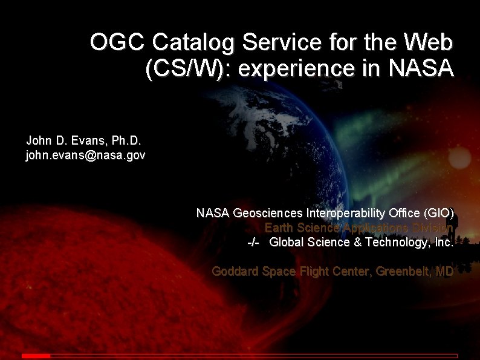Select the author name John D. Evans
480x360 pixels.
(x=63, y=141)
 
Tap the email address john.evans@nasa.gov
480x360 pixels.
(x=85, y=155)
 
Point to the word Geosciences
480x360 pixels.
(x=268, y=213)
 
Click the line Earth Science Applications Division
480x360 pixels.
(x=358, y=227)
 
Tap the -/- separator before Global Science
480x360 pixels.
(x=254, y=243)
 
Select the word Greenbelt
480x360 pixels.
(x=402, y=272)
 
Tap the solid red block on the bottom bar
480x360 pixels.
(x=36, y=356)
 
